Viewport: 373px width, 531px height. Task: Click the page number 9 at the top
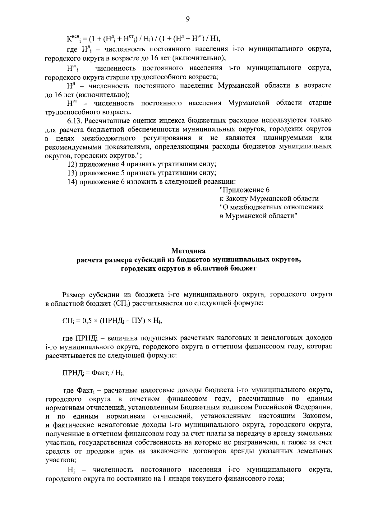187,19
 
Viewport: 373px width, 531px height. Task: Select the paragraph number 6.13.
75,120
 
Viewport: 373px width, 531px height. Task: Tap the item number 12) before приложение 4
73,164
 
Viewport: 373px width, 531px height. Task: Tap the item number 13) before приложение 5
73,173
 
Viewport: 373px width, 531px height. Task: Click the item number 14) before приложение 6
73,182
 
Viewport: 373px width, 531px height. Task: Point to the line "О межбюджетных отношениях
271,207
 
